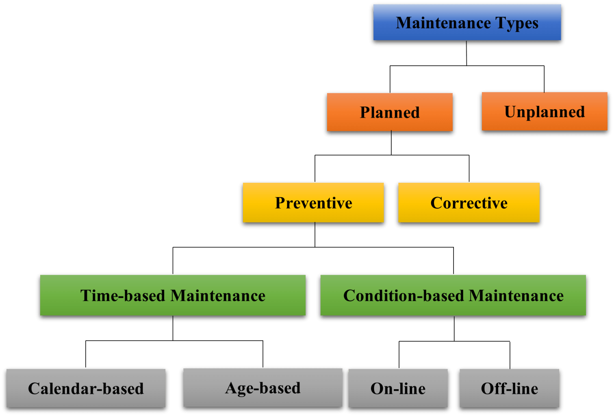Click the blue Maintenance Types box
[467, 22]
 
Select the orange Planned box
[390, 112]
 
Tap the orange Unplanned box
[545, 111]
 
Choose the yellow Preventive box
[313, 203]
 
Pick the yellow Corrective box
[469, 203]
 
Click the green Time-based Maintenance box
[173, 295]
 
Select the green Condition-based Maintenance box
[453, 295]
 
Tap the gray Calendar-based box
[86, 388]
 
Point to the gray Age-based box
[263, 388]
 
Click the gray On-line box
[398, 388]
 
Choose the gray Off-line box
[509, 388]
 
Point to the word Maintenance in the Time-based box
[218, 295]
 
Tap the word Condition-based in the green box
[404, 295]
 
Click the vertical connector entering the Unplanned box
[544, 79]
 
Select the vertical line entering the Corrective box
[469, 169]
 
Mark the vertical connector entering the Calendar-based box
[86, 354]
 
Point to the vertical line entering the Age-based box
[263, 354]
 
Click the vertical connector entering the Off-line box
[510, 355]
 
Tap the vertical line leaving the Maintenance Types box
[466, 53]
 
